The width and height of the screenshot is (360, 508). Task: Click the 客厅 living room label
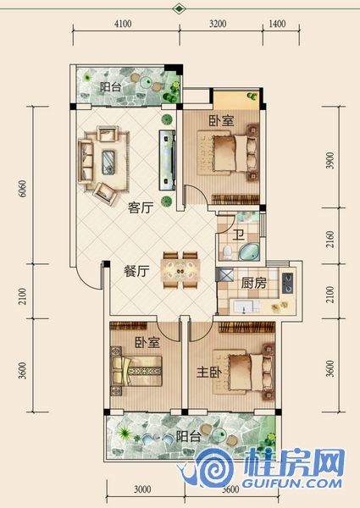pyautogui.click(x=141, y=207)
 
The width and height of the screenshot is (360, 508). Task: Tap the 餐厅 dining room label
pyautogui.click(x=136, y=271)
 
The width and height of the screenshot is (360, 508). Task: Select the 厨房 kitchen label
pyautogui.click(x=254, y=283)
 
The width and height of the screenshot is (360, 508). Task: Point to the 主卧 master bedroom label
pyautogui.click(x=209, y=373)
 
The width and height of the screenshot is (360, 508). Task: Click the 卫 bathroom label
pyautogui.click(x=238, y=235)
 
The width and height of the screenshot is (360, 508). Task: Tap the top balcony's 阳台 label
pyautogui.click(x=111, y=87)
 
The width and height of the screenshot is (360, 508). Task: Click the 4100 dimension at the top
pyautogui.click(x=123, y=24)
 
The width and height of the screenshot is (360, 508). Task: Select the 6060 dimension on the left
pyautogui.click(x=23, y=189)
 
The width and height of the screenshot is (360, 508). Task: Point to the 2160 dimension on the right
pyautogui.click(x=330, y=239)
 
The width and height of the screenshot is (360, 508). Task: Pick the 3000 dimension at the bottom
pyautogui.click(x=142, y=489)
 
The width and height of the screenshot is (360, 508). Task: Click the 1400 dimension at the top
pyautogui.click(x=277, y=24)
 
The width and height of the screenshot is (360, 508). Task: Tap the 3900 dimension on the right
pyautogui.click(x=330, y=160)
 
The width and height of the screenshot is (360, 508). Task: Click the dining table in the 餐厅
pyautogui.click(x=180, y=270)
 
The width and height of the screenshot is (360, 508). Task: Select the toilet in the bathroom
pyautogui.click(x=227, y=252)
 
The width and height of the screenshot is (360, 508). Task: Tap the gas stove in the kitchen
pyautogui.click(x=287, y=283)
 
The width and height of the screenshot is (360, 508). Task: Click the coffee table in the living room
pyautogui.click(x=108, y=163)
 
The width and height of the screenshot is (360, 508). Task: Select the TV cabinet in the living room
pyautogui.click(x=167, y=160)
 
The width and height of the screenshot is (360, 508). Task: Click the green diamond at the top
pyautogui.click(x=179, y=8)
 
